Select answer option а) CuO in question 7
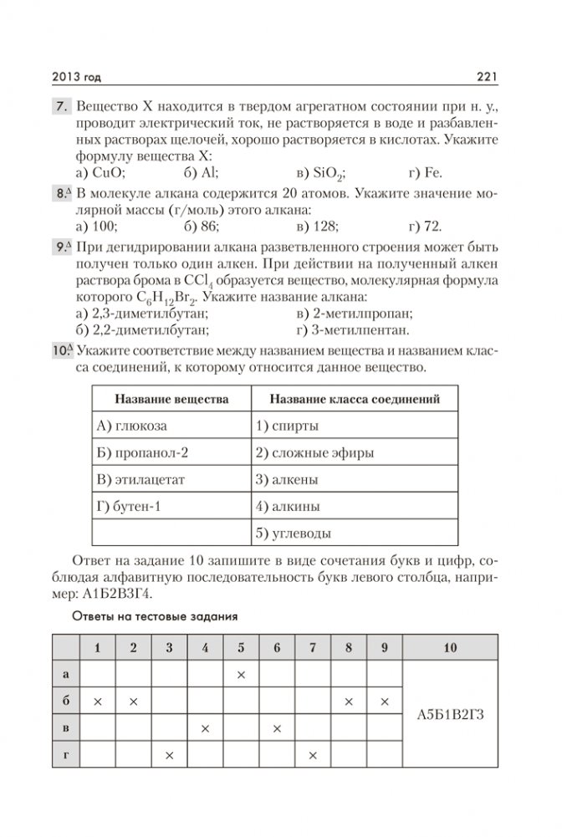(100, 174)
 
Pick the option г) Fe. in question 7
(426, 174)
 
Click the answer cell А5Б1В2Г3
(451, 715)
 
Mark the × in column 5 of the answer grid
(241, 674)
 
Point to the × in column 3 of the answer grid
(169, 756)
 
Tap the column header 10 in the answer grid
(451, 647)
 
